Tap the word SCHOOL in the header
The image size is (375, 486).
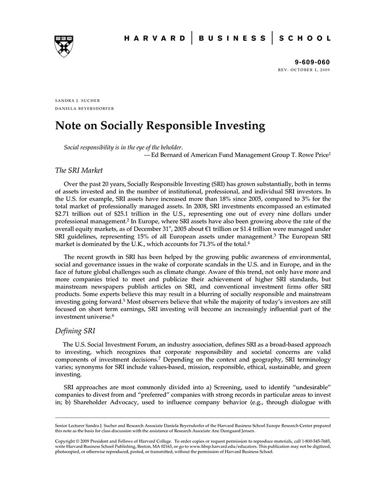click(305, 39)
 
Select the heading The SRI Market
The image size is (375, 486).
click(79, 171)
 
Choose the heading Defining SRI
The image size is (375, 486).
click(76, 331)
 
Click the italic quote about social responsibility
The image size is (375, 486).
click(123, 147)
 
